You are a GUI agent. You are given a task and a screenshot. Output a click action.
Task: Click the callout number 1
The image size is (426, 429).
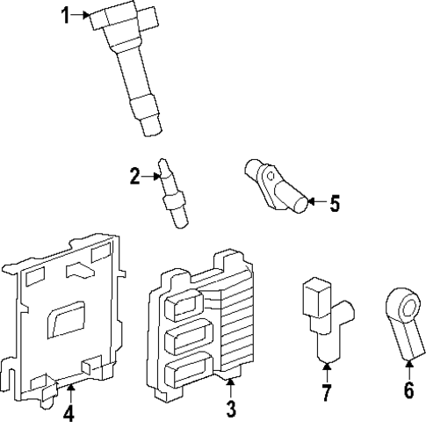[66, 14]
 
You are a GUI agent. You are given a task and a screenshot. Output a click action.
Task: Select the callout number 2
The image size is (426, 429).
[134, 177]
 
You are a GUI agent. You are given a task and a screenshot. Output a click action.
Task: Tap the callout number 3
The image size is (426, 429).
[230, 408]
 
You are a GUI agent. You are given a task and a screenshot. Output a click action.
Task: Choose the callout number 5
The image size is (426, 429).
[334, 204]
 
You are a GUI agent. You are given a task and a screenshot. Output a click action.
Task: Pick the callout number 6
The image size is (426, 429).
[408, 391]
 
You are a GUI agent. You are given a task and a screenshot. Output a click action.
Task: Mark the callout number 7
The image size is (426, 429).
[326, 393]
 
